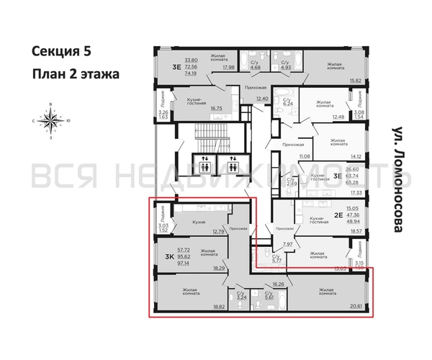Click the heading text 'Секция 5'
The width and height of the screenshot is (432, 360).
[x=62, y=51]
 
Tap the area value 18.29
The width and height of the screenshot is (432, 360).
[x=218, y=268]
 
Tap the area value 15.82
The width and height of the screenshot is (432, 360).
[x=356, y=81]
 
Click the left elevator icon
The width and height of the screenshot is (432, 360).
[x=204, y=163]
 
